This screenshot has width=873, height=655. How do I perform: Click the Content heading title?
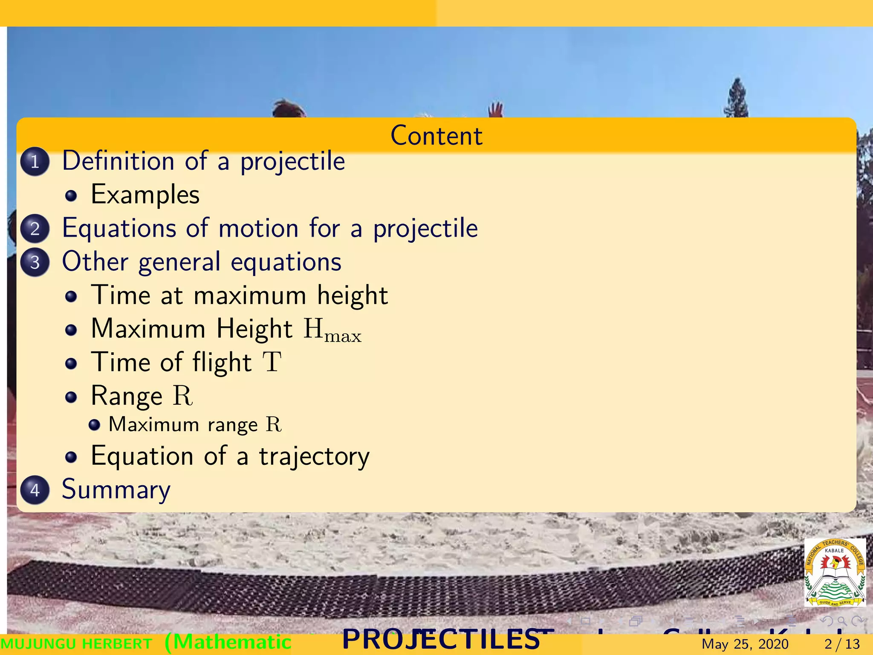[x=436, y=136]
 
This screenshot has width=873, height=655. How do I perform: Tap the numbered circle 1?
[x=35, y=162]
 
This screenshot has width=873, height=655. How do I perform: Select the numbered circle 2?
[x=35, y=229]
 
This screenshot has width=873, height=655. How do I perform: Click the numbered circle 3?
[x=35, y=262]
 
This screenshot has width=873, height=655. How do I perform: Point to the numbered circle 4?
[x=35, y=490]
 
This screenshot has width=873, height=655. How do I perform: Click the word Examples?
[x=145, y=195]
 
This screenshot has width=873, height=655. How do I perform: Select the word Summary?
[x=116, y=490]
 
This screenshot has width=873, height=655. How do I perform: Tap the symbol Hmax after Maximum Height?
[x=332, y=330]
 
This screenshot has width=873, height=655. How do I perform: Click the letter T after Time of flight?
[x=272, y=362]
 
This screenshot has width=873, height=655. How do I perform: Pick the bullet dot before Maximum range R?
[x=94, y=425]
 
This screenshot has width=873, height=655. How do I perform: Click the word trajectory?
[x=314, y=457]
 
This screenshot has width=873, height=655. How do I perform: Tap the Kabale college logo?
[x=835, y=572]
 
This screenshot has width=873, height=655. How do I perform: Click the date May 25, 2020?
[x=745, y=644]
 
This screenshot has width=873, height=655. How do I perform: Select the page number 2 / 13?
[x=842, y=644]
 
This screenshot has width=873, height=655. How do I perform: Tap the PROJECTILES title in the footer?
[x=441, y=640]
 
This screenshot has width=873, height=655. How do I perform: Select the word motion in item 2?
[x=258, y=228]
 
